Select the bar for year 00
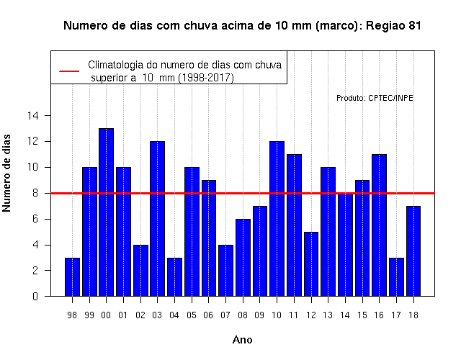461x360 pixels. (106, 212)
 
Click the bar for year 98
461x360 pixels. (72, 277)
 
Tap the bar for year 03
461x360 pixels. (157, 219)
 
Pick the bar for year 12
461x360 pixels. (311, 264)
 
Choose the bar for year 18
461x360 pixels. (413, 251)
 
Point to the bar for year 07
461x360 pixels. (225, 271)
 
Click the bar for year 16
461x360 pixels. (380, 225)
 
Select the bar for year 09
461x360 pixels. (260, 251)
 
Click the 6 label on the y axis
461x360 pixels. (35, 219)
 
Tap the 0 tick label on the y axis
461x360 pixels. (35, 296)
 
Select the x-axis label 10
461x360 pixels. (277, 315)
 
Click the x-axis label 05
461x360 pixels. (192, 315)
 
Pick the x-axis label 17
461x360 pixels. (396, 315)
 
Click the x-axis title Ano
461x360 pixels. (242, 340)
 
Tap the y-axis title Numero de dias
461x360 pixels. (6, 173)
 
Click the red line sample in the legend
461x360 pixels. (69, 71)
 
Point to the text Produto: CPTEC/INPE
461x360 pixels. (375, 98)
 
